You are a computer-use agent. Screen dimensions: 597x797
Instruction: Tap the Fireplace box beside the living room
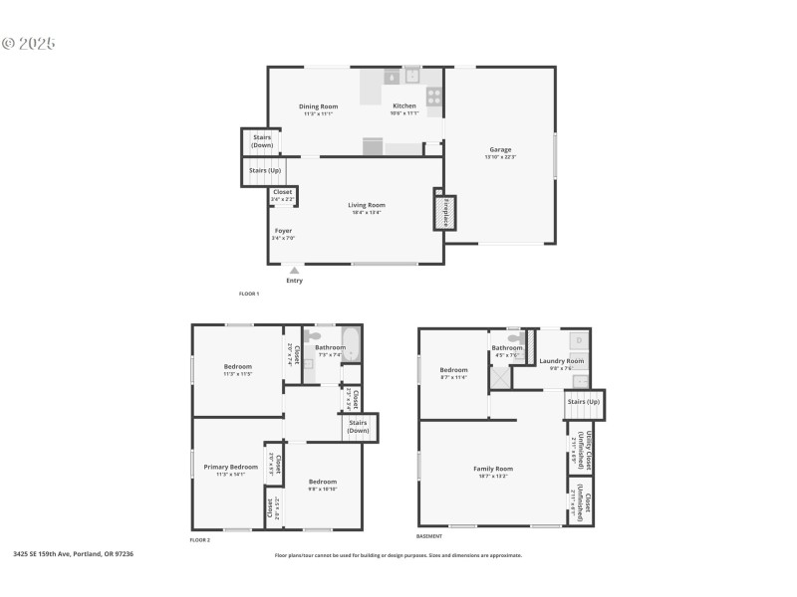pos(445,213)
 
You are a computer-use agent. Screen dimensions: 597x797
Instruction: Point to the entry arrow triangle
pos(294,269)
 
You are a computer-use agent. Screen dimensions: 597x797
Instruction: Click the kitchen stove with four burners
pos(434,97)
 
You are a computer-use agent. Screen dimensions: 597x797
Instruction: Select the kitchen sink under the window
pos(410,75)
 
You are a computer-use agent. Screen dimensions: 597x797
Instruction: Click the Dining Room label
pos(319,106)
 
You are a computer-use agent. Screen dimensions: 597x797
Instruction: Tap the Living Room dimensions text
pos(367,213)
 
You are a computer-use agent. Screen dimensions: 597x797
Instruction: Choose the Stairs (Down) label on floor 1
pos(262,141)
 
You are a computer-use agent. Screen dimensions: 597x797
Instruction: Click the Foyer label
pos(284,231)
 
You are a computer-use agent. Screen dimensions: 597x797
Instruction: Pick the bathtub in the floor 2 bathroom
pos(350,343)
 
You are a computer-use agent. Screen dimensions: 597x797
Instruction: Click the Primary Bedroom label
pos(230,467)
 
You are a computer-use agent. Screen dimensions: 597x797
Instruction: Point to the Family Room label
pos(492,469)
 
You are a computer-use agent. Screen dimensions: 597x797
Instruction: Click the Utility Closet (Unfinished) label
pos(579,449)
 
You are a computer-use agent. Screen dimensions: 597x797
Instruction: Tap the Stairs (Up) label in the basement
pos(584,401)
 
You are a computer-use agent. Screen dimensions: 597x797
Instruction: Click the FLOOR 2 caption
pos(200,539)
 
